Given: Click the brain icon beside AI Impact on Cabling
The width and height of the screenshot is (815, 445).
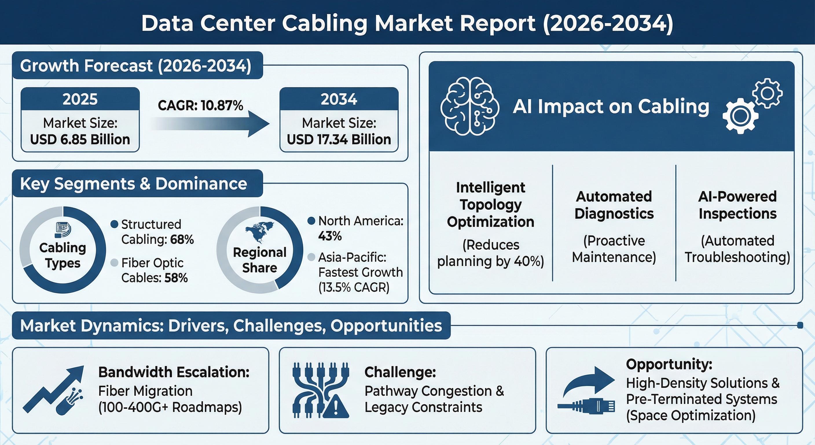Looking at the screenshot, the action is [x=470, y=106].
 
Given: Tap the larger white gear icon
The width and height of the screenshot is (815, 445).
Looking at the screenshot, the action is [x=740, y=116].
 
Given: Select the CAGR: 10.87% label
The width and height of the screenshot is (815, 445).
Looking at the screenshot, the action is [x=201, y=105].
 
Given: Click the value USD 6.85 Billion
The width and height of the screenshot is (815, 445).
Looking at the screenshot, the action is [x=80, y=139].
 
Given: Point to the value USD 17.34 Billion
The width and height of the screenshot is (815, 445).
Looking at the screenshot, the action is [x=339, y=139].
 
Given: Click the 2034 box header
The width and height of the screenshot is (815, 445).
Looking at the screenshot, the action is [x=339, y=99].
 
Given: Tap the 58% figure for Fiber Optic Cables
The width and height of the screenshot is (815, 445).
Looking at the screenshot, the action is [x=176, y=278].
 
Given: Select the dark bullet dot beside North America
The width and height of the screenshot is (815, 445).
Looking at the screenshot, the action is [x=311, y=221].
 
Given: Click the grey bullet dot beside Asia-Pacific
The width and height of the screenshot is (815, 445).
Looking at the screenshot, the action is [x=311, y=257].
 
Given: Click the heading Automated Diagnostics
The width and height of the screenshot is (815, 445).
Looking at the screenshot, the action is [x=614, y=205].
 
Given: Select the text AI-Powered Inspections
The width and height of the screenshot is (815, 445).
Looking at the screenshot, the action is [x=737, y=205].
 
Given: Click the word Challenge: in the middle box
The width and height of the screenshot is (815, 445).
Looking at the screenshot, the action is [x=400, y=372].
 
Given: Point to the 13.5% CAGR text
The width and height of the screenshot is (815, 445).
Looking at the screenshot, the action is [x=354, y=287].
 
